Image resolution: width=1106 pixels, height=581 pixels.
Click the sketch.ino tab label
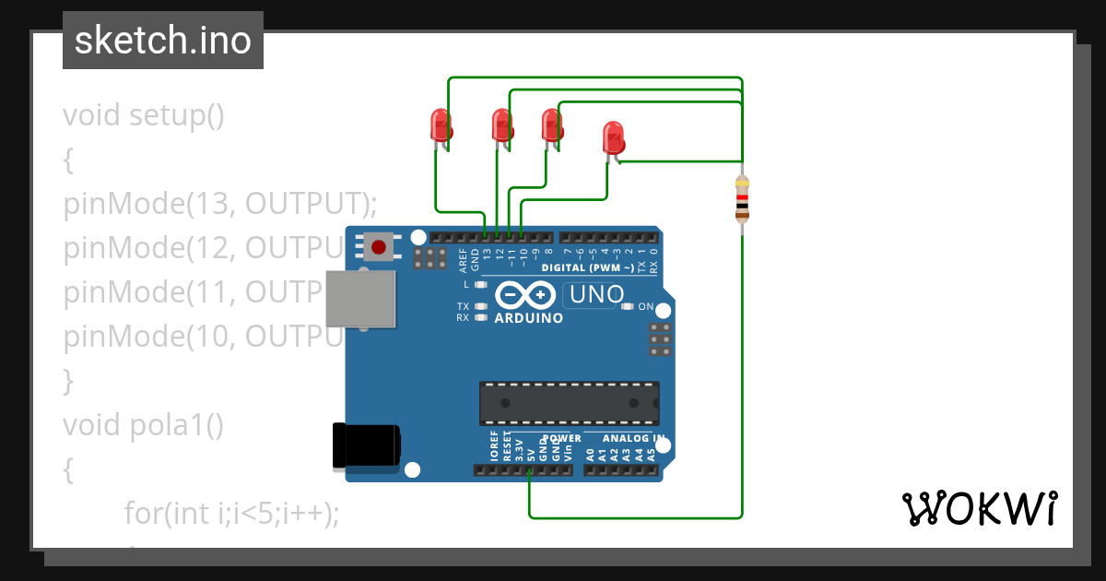pyautogui.click(x=163, y=41)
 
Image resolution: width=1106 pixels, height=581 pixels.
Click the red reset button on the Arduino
pyautogui.click(x=378, y=246)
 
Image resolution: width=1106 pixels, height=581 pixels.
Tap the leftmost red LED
pyautogui.click(x=441, y=125)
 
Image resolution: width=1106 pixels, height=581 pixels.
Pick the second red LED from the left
pyautogui.click(x=501, y=125)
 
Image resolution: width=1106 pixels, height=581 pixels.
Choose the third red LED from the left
pyautogui.click(x=551, y=125)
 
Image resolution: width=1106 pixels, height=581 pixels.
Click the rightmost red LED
pyautogui.click(x=613, y=138)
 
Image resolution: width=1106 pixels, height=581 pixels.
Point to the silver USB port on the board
pyautogui.click(x=361, y=299)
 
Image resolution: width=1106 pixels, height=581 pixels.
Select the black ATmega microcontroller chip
pyautogui.click(x=569, y=402)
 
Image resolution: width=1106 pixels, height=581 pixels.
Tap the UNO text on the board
pyautogui.click(x=597, y=295)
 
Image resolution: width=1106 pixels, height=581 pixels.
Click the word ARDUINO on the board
pyautogui.click(x=529, y=318)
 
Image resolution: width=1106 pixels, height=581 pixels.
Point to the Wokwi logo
pyautogui.click(x=978, y=507)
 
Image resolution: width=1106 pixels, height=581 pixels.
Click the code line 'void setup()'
pyautogui.click(x=144, y=116)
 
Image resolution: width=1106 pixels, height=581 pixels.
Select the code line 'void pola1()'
pyautogui.click(x=143, y=424)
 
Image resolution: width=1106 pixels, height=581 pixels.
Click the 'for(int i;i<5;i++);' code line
pyautogui.click(x=232, y=513)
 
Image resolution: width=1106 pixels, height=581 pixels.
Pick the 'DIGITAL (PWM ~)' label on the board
pyautogui.click(x=588, y=267)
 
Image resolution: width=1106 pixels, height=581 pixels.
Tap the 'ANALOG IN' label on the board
pyautogui.click(x=633, y=439)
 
